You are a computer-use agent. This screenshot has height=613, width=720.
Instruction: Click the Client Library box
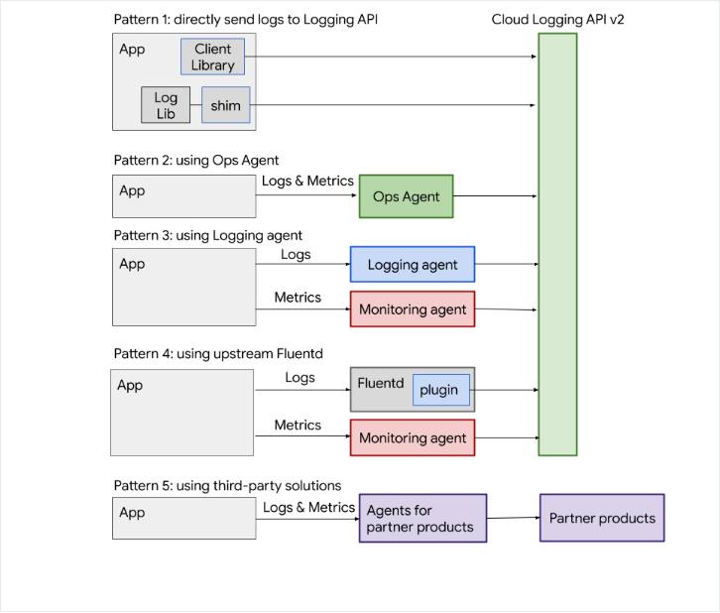[212, 57]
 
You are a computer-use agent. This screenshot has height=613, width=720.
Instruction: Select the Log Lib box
[166, 105]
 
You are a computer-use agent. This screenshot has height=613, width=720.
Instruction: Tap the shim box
[225, 105]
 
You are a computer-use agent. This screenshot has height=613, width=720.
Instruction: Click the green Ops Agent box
[406, 196]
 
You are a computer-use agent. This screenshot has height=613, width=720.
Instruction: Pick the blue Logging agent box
[412, 265]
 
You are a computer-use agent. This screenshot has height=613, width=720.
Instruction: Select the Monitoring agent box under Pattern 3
[412, 309]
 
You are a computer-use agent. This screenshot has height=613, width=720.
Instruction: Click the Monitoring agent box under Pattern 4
[412, 437]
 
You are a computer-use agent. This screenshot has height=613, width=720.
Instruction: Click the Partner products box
[601, 518]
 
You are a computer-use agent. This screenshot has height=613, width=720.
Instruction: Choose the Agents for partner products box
[422, 519]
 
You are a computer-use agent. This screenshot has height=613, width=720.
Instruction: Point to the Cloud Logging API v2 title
[557, 19]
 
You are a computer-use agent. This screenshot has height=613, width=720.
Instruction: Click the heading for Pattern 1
[245, 19]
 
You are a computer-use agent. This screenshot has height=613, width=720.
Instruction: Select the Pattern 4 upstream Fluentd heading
[219, 354]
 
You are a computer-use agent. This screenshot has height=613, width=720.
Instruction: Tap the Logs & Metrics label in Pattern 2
[307, 181]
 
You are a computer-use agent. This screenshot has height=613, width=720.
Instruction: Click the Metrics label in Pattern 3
[298, 297]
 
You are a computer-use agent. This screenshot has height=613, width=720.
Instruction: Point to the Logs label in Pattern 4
[300, 377]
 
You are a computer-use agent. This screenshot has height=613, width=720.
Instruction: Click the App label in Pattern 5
[132, 513]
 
